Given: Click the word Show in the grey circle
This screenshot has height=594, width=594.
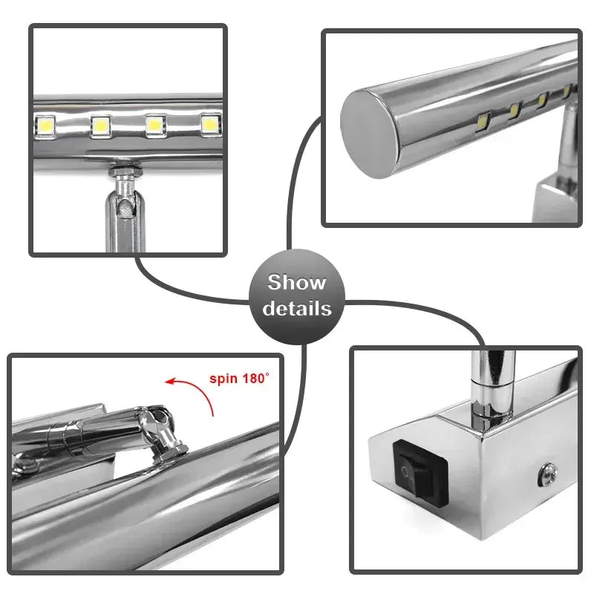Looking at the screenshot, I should (x=296, y=283).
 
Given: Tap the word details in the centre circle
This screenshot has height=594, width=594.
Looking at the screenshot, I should (x=296, y=307).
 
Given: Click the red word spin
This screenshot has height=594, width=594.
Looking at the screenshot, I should (x=224, y=379).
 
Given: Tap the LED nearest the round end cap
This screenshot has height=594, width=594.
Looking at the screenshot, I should (x=482, y=119).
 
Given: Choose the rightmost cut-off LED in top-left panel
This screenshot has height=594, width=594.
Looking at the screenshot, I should (x=211, y=124).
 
